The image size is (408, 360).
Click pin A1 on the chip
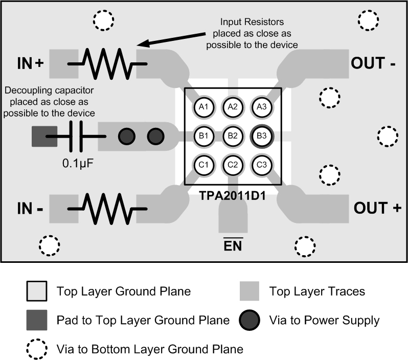tap(203, 107)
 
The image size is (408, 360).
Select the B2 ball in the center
tap(233, 136)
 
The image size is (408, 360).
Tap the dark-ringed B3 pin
tap(261, 136)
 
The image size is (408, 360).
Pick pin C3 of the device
tap(261, 165)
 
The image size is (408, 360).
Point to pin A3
tap(261, 107)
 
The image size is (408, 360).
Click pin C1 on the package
tap(203, 165)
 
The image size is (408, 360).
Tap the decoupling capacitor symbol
tap(76, 136)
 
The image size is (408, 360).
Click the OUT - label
tap(374, 63)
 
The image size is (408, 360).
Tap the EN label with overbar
tap(233, 245)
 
